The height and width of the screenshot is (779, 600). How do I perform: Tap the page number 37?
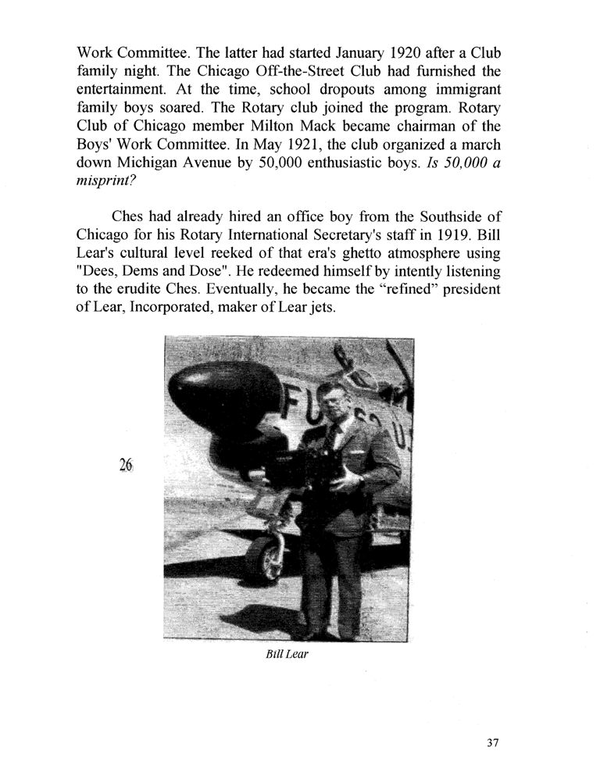492,743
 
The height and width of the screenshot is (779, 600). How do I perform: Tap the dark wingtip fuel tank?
225,398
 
